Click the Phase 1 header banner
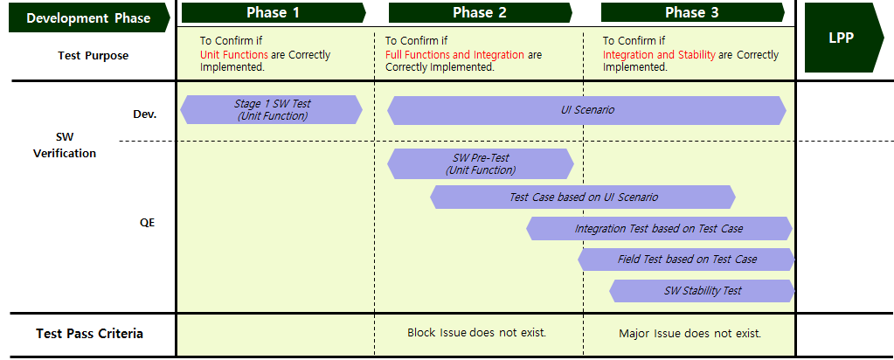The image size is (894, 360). [274, 12]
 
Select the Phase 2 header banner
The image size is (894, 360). [480, 12]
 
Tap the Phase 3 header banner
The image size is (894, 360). [692, 12]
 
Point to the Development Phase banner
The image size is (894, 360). [89, 17]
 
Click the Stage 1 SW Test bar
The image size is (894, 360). [272, 109]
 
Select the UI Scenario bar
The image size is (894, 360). [586, 110]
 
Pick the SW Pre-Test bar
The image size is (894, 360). [480, 163]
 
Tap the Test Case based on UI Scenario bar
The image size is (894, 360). [583, 197]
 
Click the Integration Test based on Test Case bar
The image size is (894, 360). [659, 228]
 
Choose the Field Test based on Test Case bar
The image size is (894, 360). [686, 259]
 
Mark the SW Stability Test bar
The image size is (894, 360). [702, 290]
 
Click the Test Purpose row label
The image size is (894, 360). [93, 56]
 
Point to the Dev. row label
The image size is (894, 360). [144, 114]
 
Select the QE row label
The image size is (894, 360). [147, 223]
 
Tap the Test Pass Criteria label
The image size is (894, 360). [89, 334]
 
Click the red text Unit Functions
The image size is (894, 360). [233, 55]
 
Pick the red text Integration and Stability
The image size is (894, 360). [659, 55]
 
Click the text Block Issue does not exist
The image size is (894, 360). [476, 332]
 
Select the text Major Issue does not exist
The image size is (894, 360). [690, 333]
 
